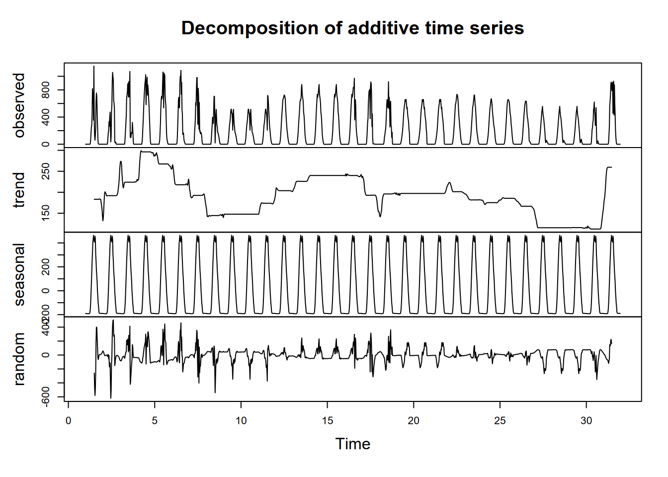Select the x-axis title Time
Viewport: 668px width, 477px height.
[353, 444]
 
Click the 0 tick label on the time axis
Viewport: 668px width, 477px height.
[69, 421]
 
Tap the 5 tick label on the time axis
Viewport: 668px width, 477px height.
[155, 421]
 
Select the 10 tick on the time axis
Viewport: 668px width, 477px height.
[241, 421]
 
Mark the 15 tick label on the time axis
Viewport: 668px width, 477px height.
[328, 421]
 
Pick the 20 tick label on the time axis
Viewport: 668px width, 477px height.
[414, 421]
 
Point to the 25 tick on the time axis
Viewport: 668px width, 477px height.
[500, 421]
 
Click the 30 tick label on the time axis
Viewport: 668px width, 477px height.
[586, 421]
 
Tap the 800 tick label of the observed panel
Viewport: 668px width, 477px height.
[46, 90]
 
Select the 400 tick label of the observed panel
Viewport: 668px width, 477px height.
[46, 117]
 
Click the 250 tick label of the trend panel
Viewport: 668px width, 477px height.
[46, 171]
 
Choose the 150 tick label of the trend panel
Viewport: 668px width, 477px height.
[46, 213]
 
